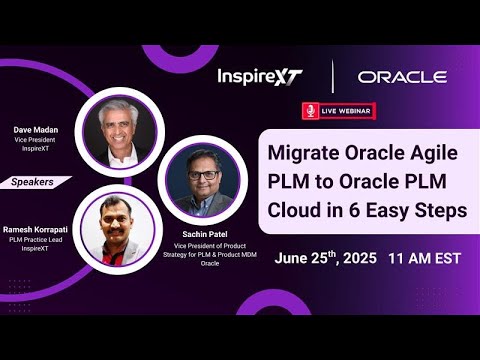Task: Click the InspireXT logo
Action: (259, 77)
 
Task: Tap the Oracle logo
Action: (402, 77)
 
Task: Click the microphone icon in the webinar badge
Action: (311, 110)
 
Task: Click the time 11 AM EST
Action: (424, 258)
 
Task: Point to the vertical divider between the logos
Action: (332, 77)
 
